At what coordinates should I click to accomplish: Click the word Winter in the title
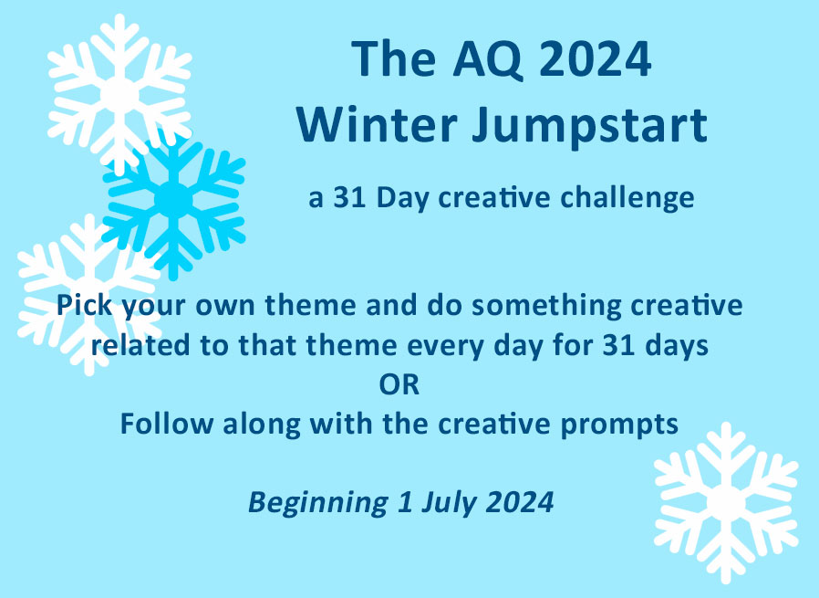[377, 125]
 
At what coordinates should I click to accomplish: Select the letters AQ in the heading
[487, 59]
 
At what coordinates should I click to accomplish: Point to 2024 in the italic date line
[519, 502]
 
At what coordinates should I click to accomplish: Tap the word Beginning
[318, 503]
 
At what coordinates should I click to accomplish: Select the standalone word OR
[399, 385]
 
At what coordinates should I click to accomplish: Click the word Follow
[166, 424]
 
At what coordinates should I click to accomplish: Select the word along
[262, 425]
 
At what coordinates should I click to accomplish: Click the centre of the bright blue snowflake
[174, 200]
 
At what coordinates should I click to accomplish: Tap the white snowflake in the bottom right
[726, 503]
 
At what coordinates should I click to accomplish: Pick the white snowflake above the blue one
[119, 95]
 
